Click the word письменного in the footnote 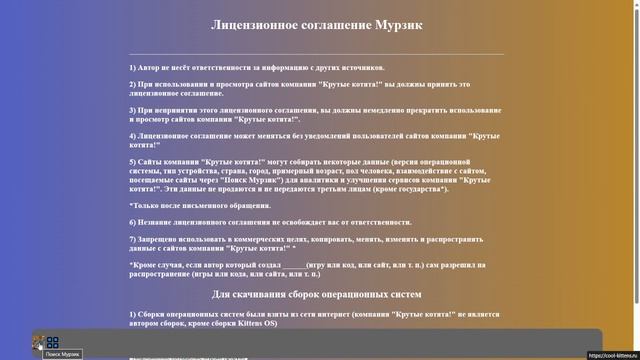[x=184, y=204]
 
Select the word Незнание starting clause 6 [x=158, y=221]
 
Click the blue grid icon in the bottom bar [x=52, y=342]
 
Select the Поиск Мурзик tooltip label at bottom [x=62, y=355]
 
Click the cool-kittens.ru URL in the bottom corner [x=611, y=355]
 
